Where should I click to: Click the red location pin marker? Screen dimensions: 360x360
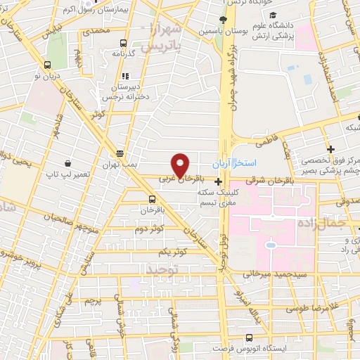[180, 165]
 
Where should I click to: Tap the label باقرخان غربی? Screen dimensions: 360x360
[174, 179]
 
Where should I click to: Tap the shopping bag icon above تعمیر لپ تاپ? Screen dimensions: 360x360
[67, 162]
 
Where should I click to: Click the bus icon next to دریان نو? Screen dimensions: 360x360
[47, 64]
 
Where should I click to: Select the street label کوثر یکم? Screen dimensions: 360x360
[172, 251]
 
